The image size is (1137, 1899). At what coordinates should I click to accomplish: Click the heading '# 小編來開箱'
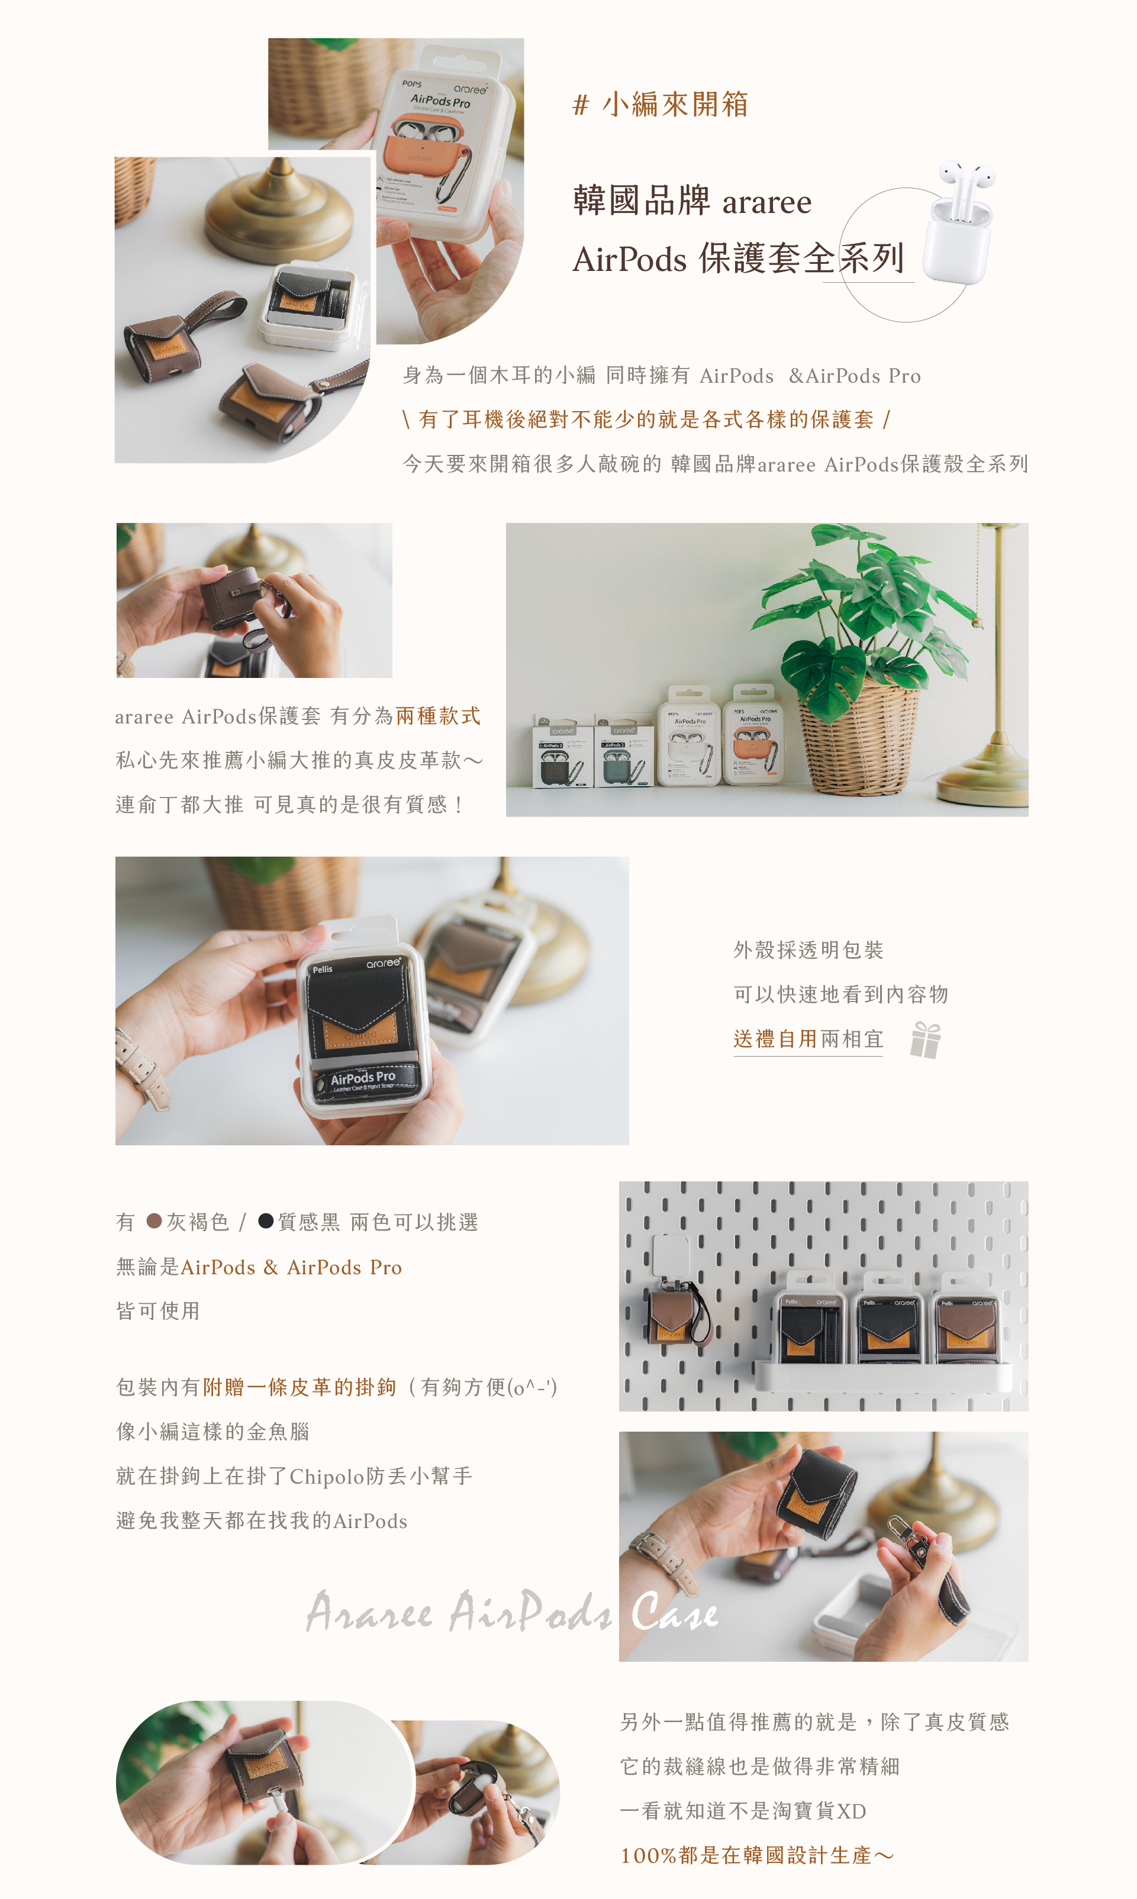[x=660, y=104]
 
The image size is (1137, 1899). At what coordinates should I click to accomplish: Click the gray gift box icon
[x=926, y=1040]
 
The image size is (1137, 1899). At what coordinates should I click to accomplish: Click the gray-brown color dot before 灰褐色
[x=154, y=1220]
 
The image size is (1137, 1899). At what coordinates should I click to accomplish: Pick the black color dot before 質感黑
[x=266, y=1220]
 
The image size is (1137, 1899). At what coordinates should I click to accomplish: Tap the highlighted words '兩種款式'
[x=438, y=716]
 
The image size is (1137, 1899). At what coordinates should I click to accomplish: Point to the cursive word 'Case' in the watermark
[x=674, y=1613]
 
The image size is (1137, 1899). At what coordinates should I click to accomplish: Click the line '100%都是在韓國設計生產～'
[x=756, y=1855]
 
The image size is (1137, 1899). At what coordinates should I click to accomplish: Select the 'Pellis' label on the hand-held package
[x=323, y=970]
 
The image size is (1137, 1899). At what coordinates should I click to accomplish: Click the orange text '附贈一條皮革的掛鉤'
[x=299, y=1387]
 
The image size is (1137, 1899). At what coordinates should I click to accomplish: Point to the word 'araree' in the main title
[x=766, y=203]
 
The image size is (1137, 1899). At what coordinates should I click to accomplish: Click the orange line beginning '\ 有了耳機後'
[x=646, y=419]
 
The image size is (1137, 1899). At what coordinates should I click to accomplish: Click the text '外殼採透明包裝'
[x=807, y=950]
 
